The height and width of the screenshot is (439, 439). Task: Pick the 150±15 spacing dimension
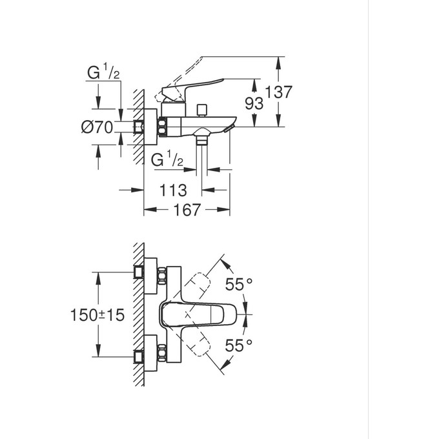tap(97, 315)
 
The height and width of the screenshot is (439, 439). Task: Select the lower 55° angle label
tap(238, 345)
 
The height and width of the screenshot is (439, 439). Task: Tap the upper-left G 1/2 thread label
tap(104, 73)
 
